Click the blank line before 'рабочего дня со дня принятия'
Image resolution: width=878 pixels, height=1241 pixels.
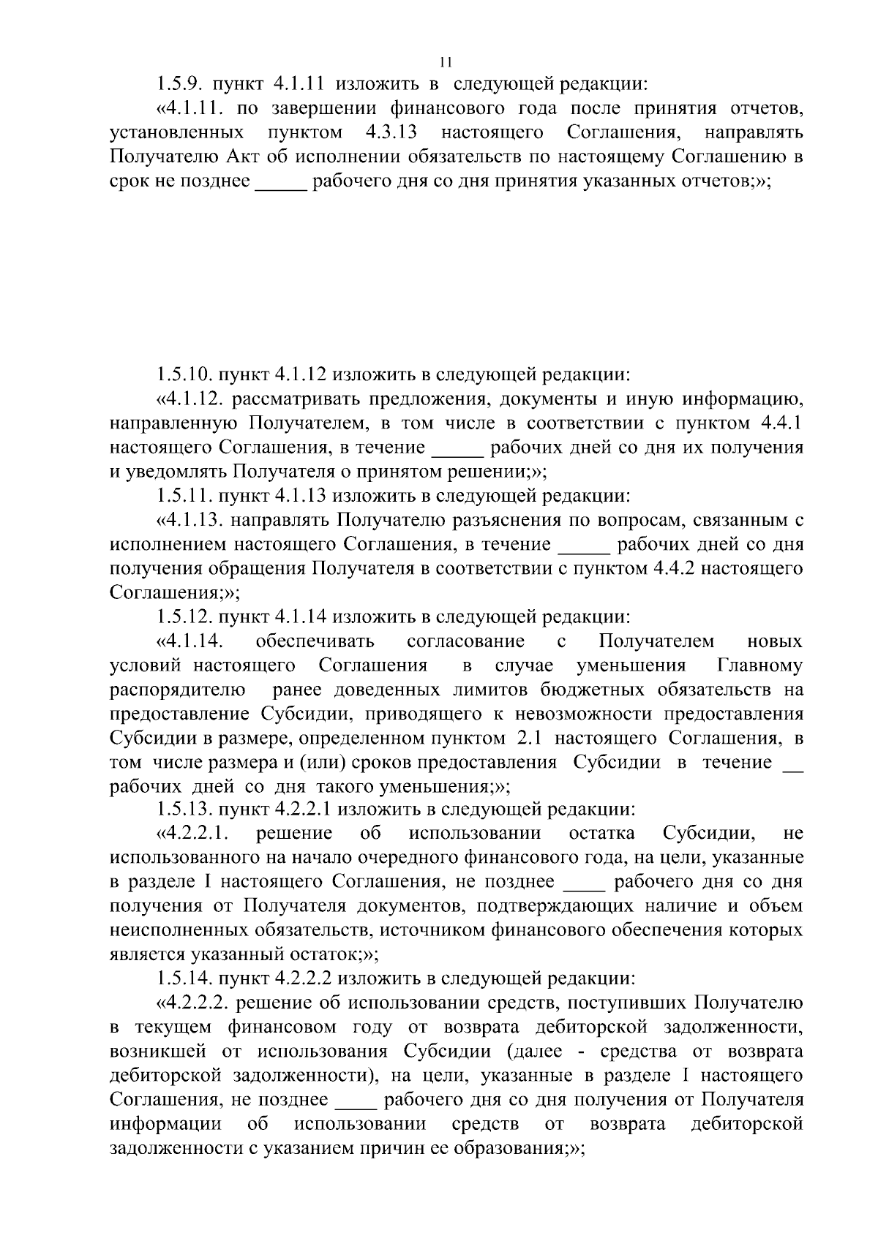pos(281,183)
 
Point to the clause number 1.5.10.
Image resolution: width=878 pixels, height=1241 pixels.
pos(184,376)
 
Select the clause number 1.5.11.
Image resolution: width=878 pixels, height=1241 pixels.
pos(184,497)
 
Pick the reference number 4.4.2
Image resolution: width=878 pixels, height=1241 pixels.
pos(672,569)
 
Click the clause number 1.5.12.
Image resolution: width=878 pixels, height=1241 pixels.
pos(184,617)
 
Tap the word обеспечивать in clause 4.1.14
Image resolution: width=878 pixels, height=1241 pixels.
pos(315,641)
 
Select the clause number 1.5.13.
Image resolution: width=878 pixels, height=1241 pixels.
pos(184,810)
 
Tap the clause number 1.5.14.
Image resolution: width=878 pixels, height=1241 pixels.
pos(184,979)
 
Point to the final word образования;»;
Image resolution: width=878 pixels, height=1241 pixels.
pos(519,1148)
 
